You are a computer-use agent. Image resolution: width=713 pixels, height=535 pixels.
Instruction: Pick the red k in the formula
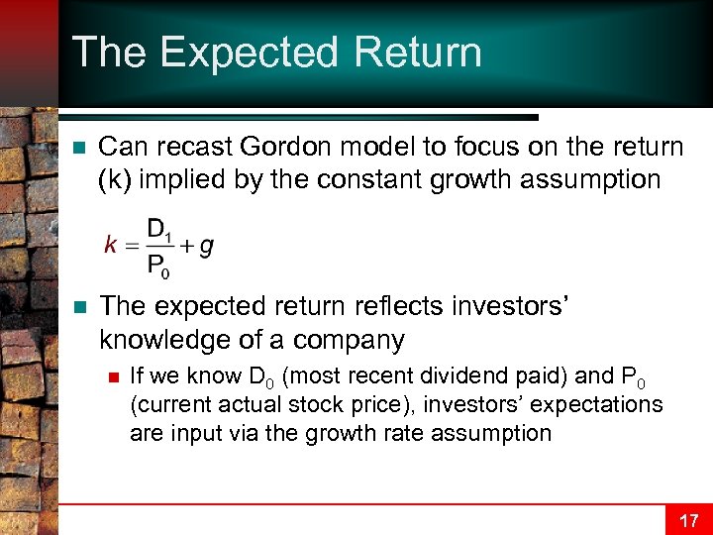tap(111, 246)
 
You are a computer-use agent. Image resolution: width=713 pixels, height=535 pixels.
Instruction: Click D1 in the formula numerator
tap(159, 230)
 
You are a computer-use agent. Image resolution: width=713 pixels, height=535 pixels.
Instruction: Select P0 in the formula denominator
tap(159, 264)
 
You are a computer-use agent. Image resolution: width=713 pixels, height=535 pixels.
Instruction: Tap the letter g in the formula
tap(206, 247)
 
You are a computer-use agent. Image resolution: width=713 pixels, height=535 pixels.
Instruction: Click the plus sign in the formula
tap(185, 246)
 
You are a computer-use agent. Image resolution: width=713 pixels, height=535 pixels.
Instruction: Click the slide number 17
tap(688, 519)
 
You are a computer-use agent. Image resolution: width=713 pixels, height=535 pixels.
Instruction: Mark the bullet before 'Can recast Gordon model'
tap(76, 148)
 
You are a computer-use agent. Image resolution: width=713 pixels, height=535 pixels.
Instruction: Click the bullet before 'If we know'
tap(113, 375)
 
